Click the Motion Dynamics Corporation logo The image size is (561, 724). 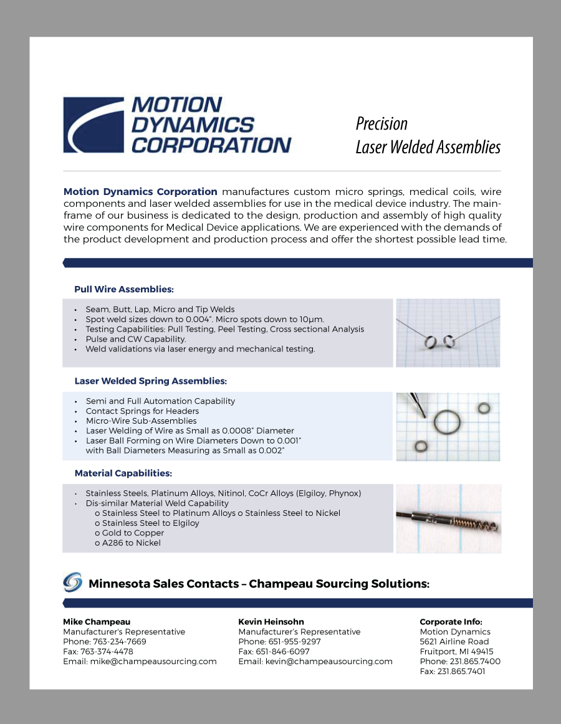pos(177,125)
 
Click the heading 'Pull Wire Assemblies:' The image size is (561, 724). pos(123,289)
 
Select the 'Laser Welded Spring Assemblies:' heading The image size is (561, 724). pos(150,381)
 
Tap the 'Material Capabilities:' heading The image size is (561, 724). pos(123,473)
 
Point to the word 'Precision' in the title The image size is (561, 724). pos(381,123)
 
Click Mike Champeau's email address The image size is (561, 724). pos(153,662)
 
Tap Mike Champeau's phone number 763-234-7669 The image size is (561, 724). pos(119,642)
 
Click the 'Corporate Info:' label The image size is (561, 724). pos(451,622)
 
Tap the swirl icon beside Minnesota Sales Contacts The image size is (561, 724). pos(72,582)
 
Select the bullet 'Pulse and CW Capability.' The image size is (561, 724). pos(135,339)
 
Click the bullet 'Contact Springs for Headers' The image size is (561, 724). pos(142,411)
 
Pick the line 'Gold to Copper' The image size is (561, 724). pos(133,533)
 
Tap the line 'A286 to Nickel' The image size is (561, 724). pos(131,543)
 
